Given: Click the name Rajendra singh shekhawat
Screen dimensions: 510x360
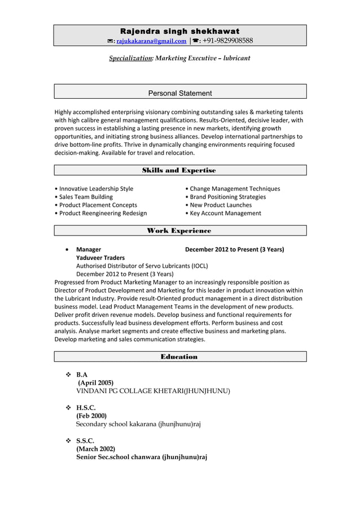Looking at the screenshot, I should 180,31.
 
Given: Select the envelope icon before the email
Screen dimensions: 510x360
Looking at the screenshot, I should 111,41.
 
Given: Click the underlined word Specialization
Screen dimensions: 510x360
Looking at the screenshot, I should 130,58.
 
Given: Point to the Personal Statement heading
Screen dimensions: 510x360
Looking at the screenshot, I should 180,93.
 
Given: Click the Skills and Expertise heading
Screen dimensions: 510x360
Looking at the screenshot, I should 179,170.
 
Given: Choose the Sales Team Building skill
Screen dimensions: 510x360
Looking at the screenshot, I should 85,197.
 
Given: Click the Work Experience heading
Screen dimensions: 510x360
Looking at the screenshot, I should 179,230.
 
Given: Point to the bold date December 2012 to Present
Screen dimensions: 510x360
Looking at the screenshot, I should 234,249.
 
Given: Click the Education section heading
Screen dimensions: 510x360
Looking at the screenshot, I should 179,356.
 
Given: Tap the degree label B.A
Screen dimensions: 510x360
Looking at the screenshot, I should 82,374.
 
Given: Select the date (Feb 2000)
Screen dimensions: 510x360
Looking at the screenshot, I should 91,416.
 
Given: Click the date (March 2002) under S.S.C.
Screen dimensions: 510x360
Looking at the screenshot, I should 95,449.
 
